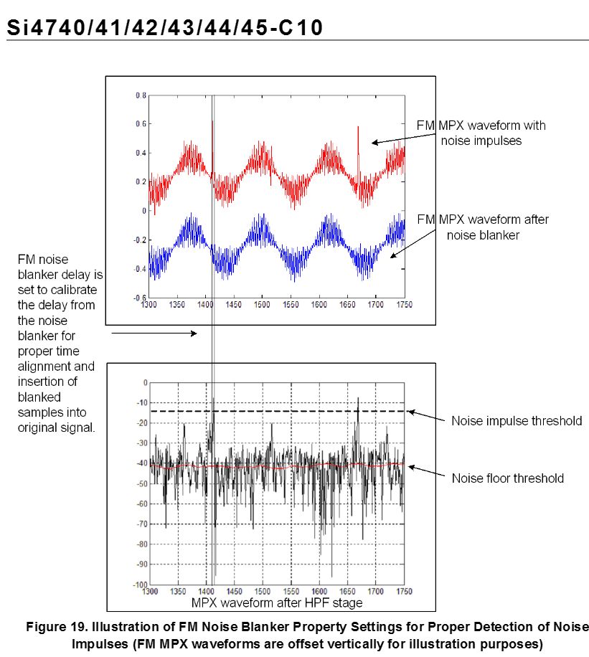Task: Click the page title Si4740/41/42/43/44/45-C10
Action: point(165,28)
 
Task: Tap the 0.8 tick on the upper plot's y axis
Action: point(141,95)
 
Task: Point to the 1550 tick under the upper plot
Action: point(290,305)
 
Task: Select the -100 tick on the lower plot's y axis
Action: point(141,584)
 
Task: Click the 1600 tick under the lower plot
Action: point(319,591)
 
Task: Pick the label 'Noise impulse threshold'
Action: point(517,421)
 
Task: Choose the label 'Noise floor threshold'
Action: point(507,478)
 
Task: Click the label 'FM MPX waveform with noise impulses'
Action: point(481,133)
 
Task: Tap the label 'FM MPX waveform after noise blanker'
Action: point(483,227)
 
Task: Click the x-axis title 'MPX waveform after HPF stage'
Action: point(277,602)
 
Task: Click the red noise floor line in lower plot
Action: point(278,465)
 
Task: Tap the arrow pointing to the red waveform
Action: point(404,138)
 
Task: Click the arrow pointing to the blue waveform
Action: point(413,243)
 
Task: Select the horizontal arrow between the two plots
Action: point(154,334)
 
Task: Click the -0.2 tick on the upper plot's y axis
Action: point(140,240)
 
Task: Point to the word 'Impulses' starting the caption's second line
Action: point(100,643)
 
